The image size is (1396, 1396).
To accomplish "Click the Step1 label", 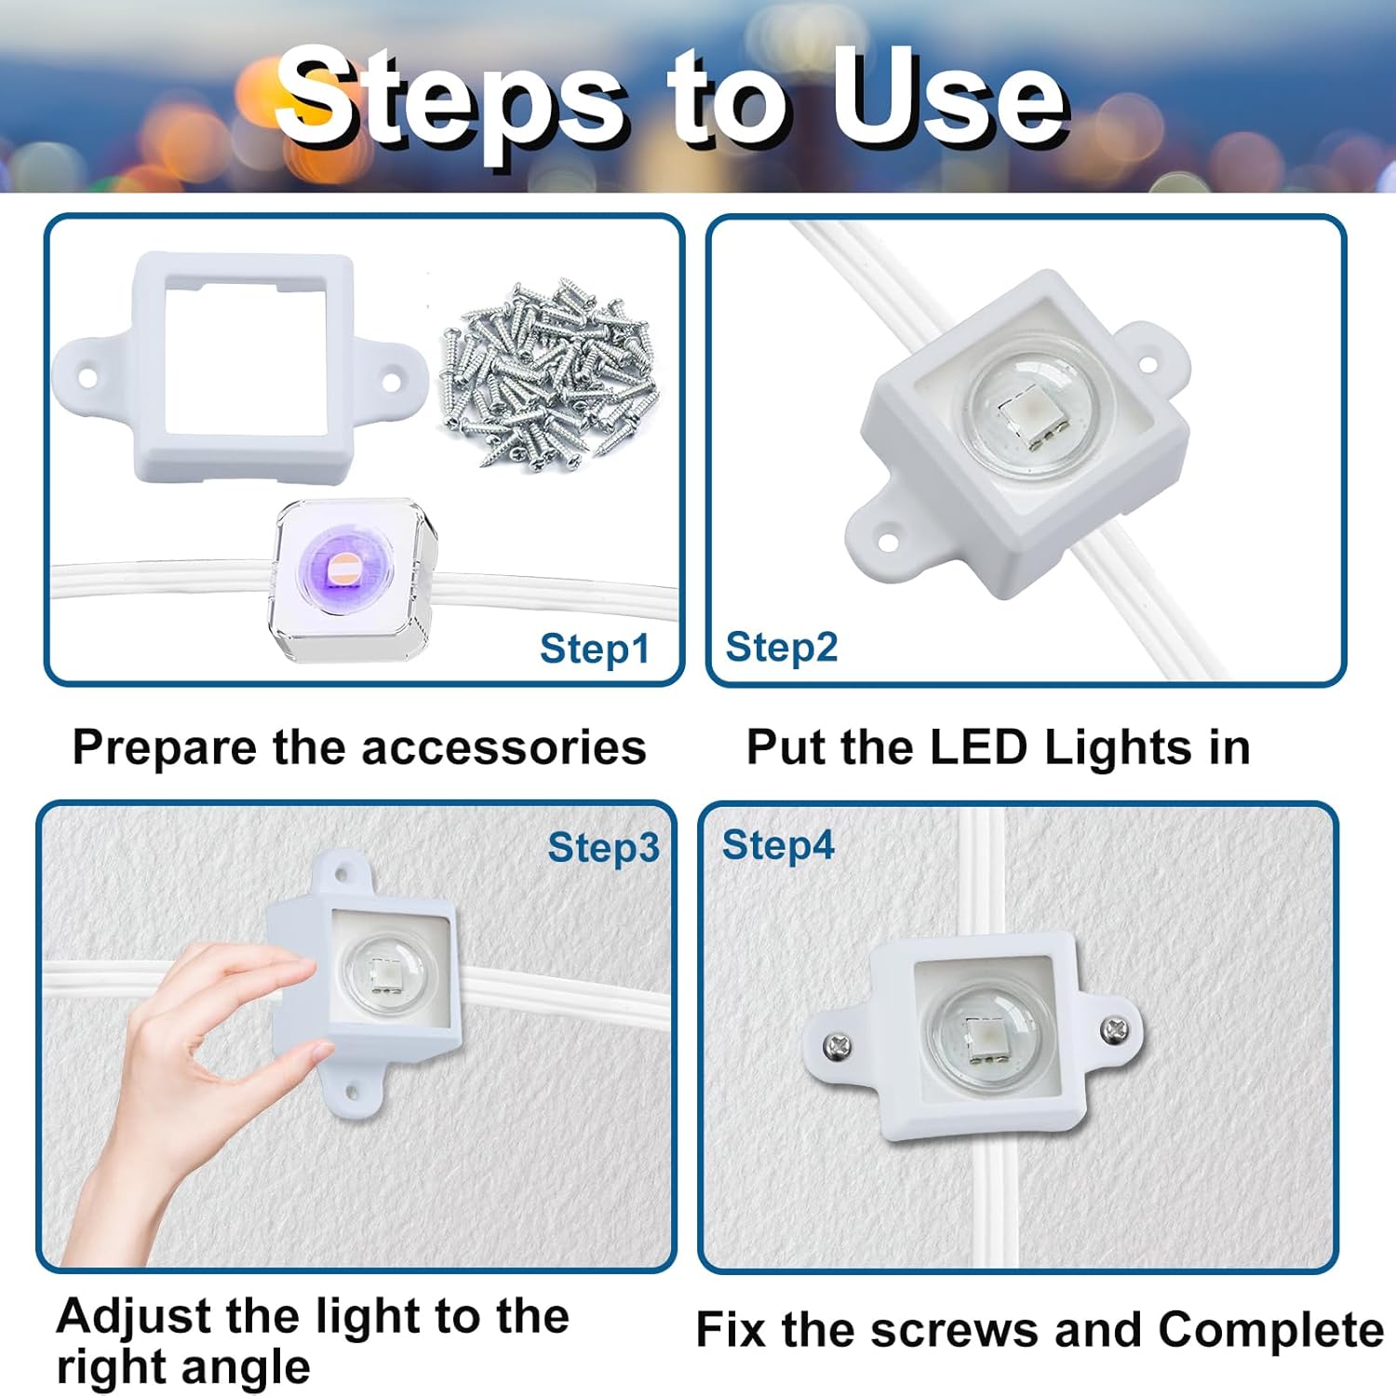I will pos(594,649).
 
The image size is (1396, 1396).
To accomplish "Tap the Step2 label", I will pos(781,647).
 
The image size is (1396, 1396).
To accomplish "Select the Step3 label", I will pos(603,848).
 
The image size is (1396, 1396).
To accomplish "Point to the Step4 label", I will pos(778,845).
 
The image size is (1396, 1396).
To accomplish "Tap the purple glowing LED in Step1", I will pos(342,569).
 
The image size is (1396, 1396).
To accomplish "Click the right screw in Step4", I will pos(1114,1029).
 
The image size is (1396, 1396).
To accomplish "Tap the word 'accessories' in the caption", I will pos(503,747).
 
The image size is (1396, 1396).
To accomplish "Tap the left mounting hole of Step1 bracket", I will pos(87,378).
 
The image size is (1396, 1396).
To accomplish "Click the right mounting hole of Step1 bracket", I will pos(392,380).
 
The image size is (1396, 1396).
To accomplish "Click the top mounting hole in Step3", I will pos(342,874).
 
